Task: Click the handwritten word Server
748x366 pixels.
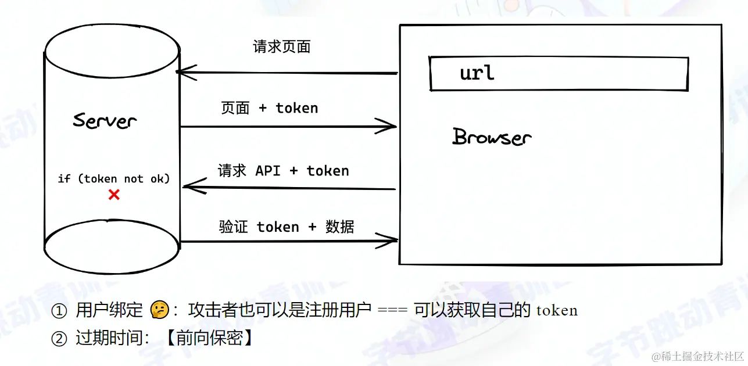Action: tap(105, 120)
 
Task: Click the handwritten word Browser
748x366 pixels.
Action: tap(492, 137)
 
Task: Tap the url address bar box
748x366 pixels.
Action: tap(559, 74)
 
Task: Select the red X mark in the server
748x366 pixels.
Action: tap(114, 195)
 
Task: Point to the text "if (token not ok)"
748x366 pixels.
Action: tap(114, 178)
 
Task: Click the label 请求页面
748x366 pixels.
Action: tap(282, 47)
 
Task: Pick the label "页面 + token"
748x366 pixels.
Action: tap(270, 108)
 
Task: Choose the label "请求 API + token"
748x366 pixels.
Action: tap(284, 171)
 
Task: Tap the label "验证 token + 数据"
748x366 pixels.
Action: tap(287, 227)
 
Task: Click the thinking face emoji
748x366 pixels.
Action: tap(159, 310)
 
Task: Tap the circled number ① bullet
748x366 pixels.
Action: tap(59, 311)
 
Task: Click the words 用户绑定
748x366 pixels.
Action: tap(109, 311)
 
